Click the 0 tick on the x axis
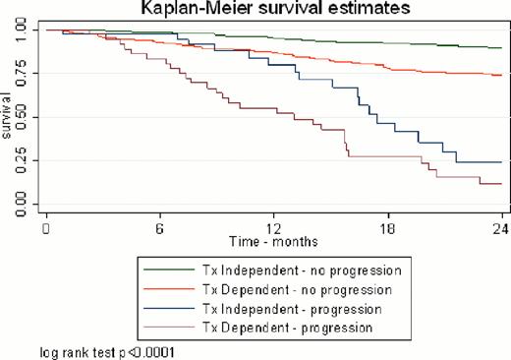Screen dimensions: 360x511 pos(45,224)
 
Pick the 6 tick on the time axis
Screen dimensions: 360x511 pos(159,224)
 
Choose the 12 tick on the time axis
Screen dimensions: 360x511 pos(274,224)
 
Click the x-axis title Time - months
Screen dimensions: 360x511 pos(274,239)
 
